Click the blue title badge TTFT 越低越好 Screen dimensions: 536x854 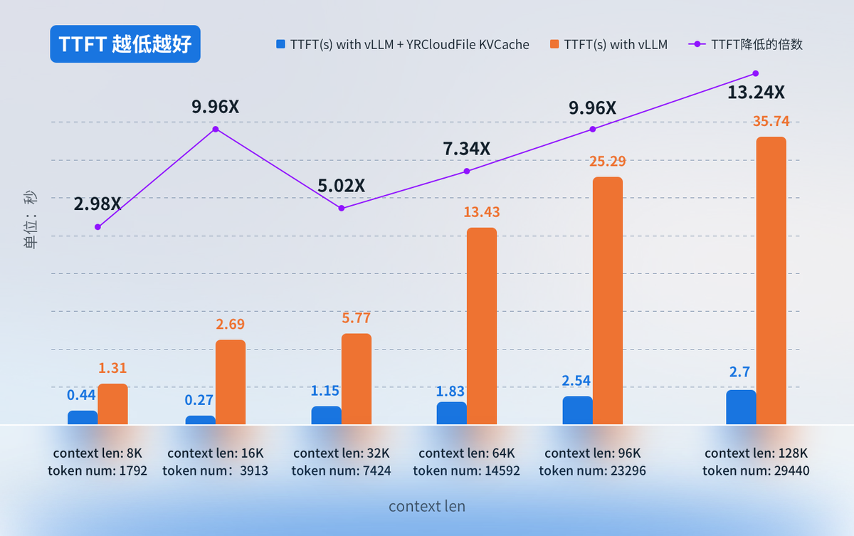coord(125,44)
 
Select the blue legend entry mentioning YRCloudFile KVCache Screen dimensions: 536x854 coord(403,45)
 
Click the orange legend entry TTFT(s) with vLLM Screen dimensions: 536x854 coord(608,45)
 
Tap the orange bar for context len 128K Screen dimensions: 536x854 coord(771,280)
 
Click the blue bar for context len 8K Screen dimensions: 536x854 coord(83,418)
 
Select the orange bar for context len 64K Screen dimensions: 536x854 coord(482,326)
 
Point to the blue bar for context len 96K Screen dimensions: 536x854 coord(577,410)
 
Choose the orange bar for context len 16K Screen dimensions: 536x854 coord(231,382)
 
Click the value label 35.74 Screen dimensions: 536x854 coord(771,122)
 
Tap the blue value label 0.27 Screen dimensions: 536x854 coord(200,400)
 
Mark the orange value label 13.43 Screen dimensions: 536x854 coord(482,212)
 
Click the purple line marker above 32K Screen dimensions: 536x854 coord(342,208)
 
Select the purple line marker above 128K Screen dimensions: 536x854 coord(755,73)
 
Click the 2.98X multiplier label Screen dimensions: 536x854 coord(97,204)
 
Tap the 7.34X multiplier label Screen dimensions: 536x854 coord(466,149)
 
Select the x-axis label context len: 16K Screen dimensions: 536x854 coord(216,453)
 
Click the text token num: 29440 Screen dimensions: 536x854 coord(756,471)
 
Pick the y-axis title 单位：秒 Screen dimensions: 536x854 coord(31,220)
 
